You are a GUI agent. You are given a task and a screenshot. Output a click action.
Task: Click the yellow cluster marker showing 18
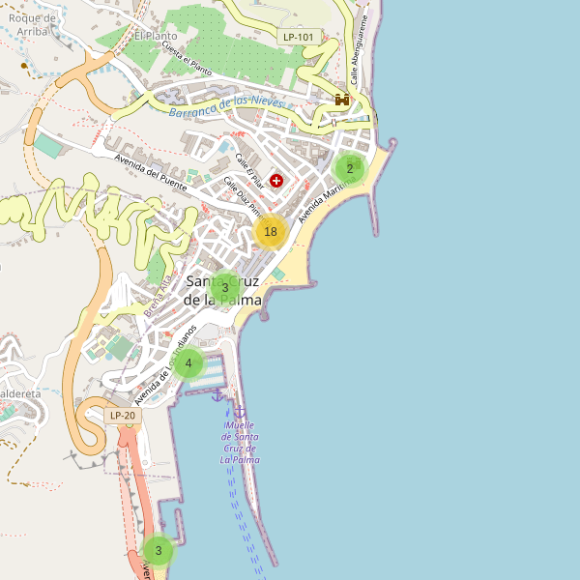pyautogui.click(x=271, y=231)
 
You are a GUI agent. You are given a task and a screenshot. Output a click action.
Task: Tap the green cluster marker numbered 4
pyautogui.click(x=188, y=364)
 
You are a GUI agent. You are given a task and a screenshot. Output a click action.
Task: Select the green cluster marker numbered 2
pyautogui.click(x=350, y=169)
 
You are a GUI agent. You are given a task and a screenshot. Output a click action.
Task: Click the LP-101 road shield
pyautogui.click(x=299, y=37)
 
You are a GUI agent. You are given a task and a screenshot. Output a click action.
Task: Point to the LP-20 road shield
pyautogui.click(x=123, y=416)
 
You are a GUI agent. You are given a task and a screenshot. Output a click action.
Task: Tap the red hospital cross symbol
pyautogui.click(x=276, y=180)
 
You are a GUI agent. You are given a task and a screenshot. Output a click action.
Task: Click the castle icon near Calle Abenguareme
pyautogui.click(x=342, y=100)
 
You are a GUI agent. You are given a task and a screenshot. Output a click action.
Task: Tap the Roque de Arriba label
pyautogui.click(x=28, y=23)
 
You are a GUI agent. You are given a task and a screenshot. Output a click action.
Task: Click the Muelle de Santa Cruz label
pyautogui.click(x=239, y=442)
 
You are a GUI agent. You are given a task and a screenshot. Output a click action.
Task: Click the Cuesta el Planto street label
pyautogui.click(x=187, y=59)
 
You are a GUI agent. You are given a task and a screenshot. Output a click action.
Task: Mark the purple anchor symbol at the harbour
pyautogui.click(x=217, y=395)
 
